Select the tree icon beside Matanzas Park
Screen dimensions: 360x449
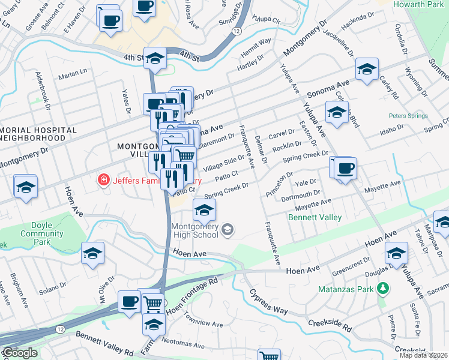tap(382, 289)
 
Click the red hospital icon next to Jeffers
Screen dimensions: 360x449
tap(104, 179)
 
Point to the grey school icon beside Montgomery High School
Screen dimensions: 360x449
tap(228, 229)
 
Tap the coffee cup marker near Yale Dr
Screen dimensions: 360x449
tap(344, 168)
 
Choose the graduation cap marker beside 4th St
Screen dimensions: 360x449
tap(155, 58)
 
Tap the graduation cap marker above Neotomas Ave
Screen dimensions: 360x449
tap(154, 324)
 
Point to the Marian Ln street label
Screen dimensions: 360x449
tap(73, 77)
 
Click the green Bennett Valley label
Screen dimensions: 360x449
tap(315, 217)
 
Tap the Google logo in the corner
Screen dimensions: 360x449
tap(20, 353)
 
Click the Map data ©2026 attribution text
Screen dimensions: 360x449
tap(424, 355)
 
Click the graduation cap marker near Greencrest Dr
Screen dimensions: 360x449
tap(396, 253)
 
